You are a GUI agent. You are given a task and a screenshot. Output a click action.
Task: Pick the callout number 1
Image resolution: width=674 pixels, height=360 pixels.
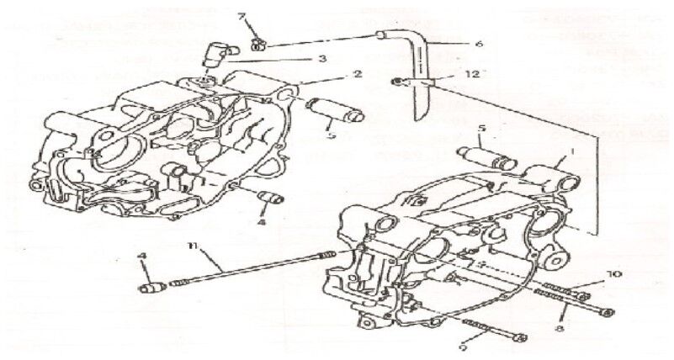coord(574,155)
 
